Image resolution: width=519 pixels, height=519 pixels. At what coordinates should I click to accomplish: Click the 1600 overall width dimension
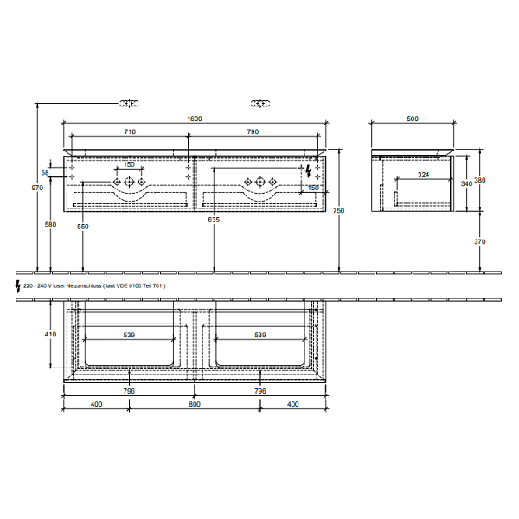click(x=195, y=119)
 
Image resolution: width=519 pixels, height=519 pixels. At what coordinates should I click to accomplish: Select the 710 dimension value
click(x=129, y=131)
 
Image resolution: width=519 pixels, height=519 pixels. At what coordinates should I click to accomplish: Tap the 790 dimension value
click(x=253, y=131)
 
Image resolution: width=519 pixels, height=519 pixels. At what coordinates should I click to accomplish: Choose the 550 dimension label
click(x=83, y=226)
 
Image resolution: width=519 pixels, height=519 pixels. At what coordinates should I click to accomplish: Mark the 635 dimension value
click(x=214, y=221)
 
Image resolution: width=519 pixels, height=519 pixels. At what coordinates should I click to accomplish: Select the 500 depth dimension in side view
click(x=413, y=119)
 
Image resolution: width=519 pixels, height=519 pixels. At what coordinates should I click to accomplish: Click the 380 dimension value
click(x=482, y=180)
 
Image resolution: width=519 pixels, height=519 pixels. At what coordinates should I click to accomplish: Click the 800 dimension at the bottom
click(x=195, y=404)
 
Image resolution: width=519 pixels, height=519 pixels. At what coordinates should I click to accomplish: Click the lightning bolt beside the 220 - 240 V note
click(x=16, y=285)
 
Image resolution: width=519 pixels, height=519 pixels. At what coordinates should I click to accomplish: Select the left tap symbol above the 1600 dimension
click(x=129, y=103)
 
